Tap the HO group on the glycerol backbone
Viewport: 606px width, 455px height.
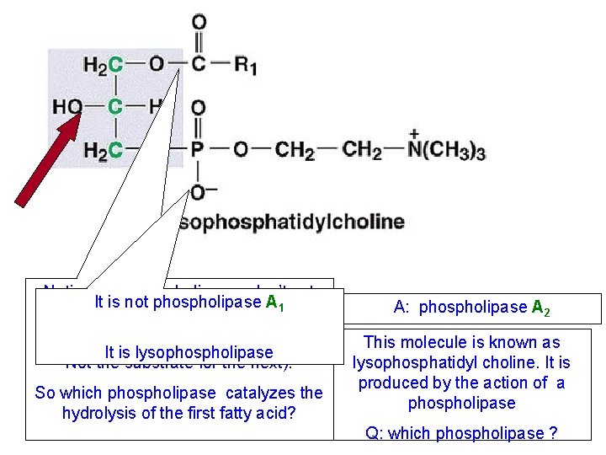66,107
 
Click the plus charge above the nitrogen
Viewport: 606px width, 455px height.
414,133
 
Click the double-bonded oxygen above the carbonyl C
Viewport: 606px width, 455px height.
199,22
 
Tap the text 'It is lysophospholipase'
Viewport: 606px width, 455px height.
189,352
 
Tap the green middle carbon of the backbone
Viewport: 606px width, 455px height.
115,107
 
